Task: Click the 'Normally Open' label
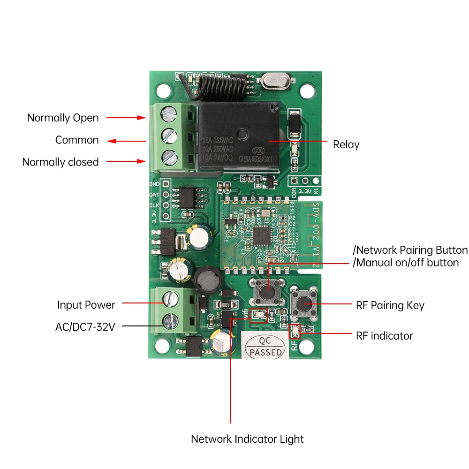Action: click(x=63, y=118)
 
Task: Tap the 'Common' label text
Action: click(x=77, y=140)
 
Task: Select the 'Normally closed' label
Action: click(x=61, y=162)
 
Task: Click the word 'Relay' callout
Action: click(x=346, y=144)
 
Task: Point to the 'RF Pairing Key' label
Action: click(x=390, y=306)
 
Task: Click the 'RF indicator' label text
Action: click(x=385, y=336)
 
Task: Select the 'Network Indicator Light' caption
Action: click(x=247, y=439)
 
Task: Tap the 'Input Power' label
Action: click(x=86, y=305)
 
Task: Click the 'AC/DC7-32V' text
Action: click(x=85, y=327)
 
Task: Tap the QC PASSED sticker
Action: click(x=266, y=347)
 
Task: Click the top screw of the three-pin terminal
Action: click(x=169, y=113)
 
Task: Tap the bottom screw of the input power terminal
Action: click(x=169, y=321)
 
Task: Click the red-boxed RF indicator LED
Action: click(x=295, y=331)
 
